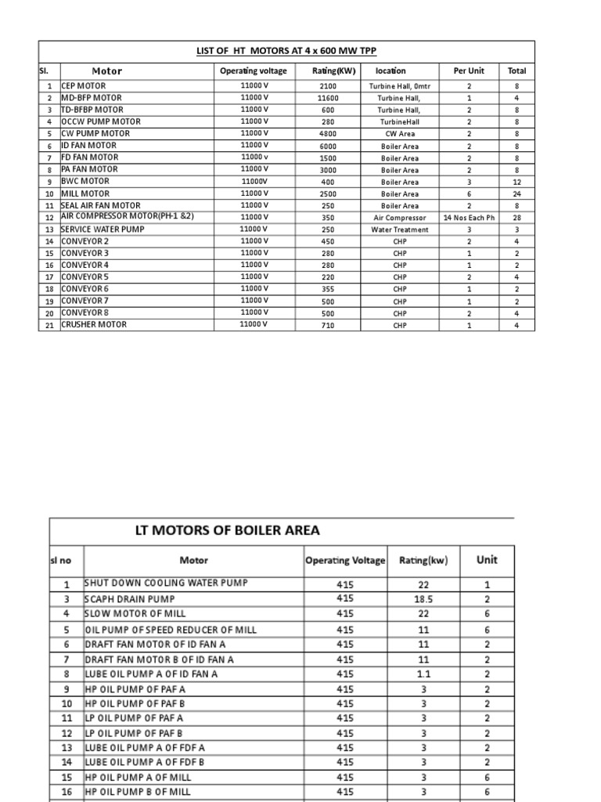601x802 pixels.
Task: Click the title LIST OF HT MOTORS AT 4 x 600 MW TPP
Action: pyautogui.click(x=286, y=51)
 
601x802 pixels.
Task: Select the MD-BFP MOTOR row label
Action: pyautogui.click(x=92, y=98)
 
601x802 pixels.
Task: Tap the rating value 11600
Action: pyautogui.click(x=328, y=99)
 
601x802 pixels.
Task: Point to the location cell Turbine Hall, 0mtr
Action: pyautogui.click(x=400, y=86)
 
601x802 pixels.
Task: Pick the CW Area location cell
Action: pyautogui.click(x=400, y=134)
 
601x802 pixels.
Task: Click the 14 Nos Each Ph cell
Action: pyautogui.click(x=469, y=218)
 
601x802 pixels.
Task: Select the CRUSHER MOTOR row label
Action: pyautogui.click(x=93, y=324)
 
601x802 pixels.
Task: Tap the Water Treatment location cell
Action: pyautogui.click(x=400, y=229)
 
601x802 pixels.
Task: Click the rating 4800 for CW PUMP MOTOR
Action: pyautogui.click(x=328, y=134)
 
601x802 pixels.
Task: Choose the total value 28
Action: pyautogui.click(x=516, y=218)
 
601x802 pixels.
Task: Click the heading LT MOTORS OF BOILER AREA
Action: pyautogui.click(x=227, y=530)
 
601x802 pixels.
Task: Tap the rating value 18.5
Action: pyautogui.click(x=423, y=598)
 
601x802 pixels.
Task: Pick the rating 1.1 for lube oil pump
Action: pyautogui.click(x=423, y=674)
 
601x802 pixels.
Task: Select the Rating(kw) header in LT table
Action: pyautogui.click(x=423, y=560)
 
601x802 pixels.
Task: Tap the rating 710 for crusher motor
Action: pyautogui.click(x=328, y=325)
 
